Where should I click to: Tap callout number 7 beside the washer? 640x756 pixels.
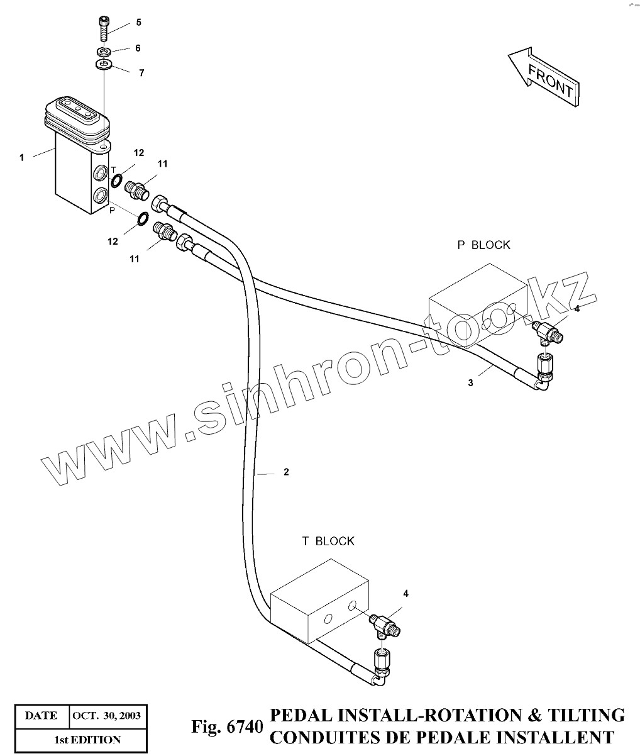pyautogui.click(x=141, y=73)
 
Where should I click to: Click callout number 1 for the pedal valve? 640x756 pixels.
pyautogui.click(x=21, y=157)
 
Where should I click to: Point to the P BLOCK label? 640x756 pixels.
pyautogui.click(x=483, y=245)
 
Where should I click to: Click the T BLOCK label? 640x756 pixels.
pyautogui.click(x=328, y=541)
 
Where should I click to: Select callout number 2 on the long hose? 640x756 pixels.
pyautogui.click(x=286, y=472)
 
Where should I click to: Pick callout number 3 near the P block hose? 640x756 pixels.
pyautogui.click(x=471, y=384)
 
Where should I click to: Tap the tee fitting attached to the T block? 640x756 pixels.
pyautogui.click(x=385, y=626)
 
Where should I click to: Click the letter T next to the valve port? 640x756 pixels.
pyautogui.click(x=114, y=170)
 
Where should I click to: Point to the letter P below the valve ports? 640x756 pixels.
pyautogui.click(x=112, y=211)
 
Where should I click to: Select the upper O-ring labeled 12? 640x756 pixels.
pyautogui.click(x=117, y=182)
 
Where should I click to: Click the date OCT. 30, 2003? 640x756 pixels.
pyautogui.click(x=107, y=716)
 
